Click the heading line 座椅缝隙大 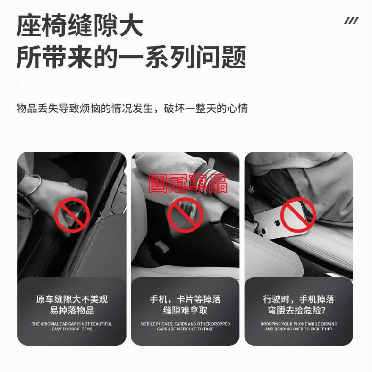click(80, 26)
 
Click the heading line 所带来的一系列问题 click(131, 58)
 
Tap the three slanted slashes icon click(351, 20)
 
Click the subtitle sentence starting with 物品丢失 click(132, 108)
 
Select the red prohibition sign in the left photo click(72, 215)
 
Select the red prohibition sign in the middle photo click(186, 213)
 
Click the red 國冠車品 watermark click(187, 183)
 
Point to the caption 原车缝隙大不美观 click(72, 299)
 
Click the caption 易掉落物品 click(72, 311)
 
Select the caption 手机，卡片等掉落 click(185, 299)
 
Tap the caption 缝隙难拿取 click(185, 311)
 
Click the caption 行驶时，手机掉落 click(298, 299)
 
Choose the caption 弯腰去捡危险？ click(298, 311)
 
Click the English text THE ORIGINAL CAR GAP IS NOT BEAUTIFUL click(72, 324)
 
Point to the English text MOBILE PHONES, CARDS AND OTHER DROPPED click(185, 324)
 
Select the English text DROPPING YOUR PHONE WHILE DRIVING click(298, 324)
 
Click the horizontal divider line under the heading click(186, 85)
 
